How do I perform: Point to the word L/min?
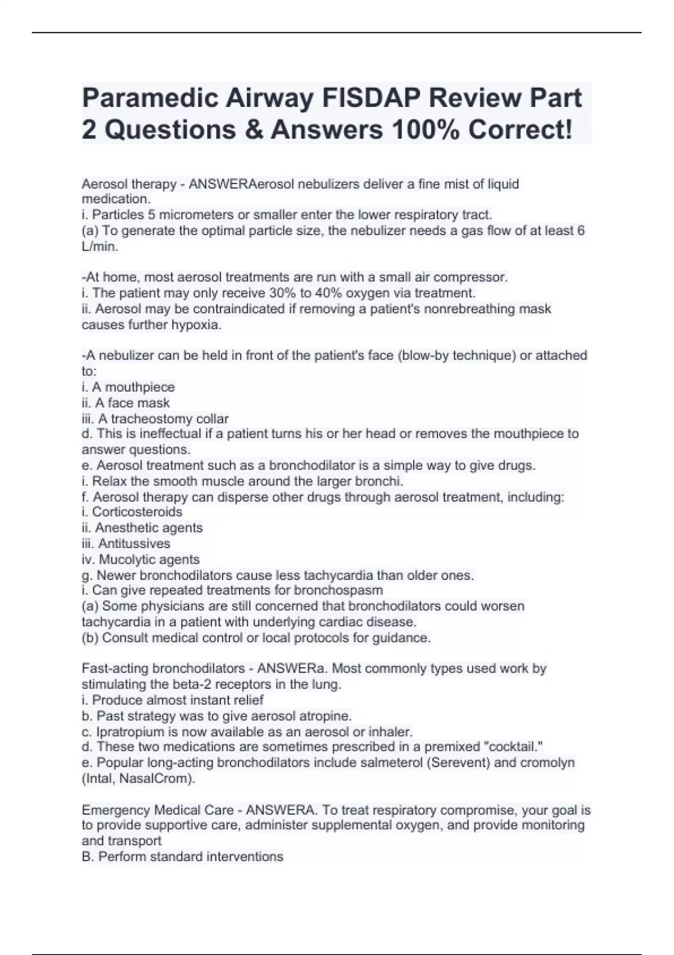point(99,246)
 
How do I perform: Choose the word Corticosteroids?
point(137,512)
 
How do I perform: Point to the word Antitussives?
point(134,543)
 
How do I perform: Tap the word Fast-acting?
point(115,668)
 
